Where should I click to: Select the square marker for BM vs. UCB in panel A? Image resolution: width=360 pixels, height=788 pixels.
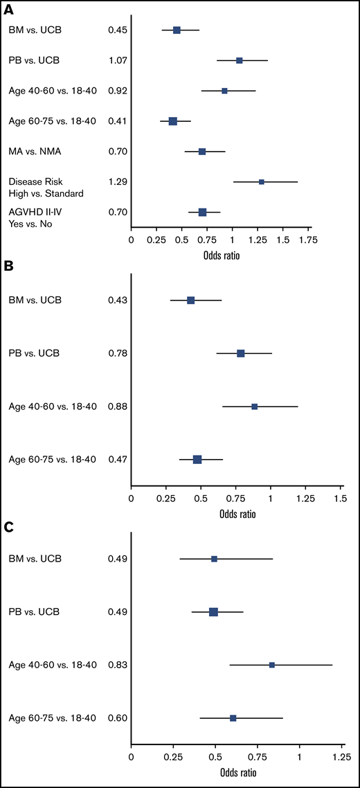(x=177, y=30)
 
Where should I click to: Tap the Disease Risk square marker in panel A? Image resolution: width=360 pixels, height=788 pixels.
(x=262, y=181)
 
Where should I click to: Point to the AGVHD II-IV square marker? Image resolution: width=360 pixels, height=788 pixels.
(x=202, y=212)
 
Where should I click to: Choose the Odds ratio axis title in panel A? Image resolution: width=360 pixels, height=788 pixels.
(x=221, y=255)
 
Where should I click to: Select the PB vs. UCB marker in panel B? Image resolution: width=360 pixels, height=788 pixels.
(x=241, y=353)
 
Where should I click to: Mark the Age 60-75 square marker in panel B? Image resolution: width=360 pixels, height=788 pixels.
(x=197, y=459)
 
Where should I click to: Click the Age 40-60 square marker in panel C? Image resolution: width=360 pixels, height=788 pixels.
(x=272, y=665)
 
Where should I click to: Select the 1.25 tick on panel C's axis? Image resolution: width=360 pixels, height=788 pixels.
(x=340, y=758)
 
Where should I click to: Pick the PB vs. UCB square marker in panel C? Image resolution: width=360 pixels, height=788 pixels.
(x=213, y=611)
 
